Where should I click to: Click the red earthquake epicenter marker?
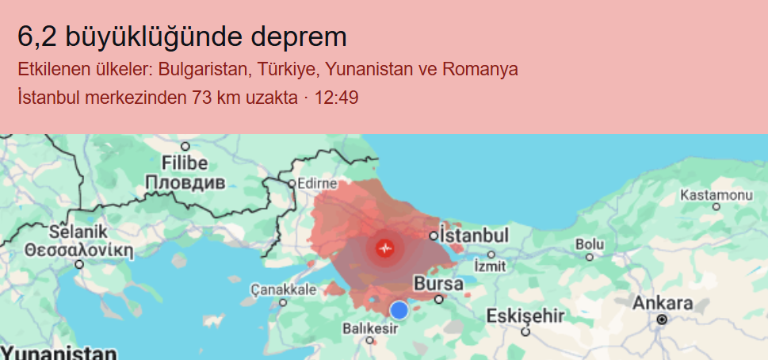point(385,248)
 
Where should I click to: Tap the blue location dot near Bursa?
point(399,310)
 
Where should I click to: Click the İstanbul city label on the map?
point(473,236)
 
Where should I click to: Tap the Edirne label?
point(317,183)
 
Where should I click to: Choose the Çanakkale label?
point(283,289)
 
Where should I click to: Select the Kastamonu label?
point(716,195)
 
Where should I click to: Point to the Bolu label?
point(589,243)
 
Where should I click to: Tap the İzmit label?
point(489,265)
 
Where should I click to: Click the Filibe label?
point(185,163)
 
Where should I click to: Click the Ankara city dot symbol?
point(662,319)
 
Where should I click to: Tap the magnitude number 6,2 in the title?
point(36,36)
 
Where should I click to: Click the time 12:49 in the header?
point(337,98)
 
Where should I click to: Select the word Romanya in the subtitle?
point(480,69)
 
